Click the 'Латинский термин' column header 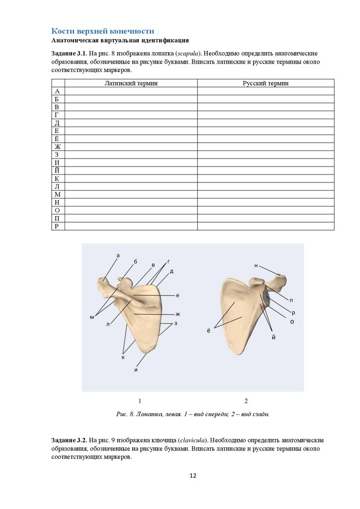tap(131, 84)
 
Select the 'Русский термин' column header tap(266, 84)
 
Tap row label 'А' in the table tap(58, 91)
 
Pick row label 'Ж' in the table tap(58, 147)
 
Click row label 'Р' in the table tap(58, 226)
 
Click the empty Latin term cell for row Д tap(131, 123)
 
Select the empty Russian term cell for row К tap(266, 178)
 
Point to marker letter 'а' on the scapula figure tap(118, 255)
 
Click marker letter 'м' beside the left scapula tap(92, 317)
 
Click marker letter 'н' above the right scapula tap(256, 266)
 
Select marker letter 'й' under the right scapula tap(273, 338)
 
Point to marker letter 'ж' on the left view tap(177, 314)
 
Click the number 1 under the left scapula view tap(140, 401)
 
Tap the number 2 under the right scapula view tap(246, 401)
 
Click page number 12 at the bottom tap(193, 476)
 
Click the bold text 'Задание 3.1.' tap(69, 53)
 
